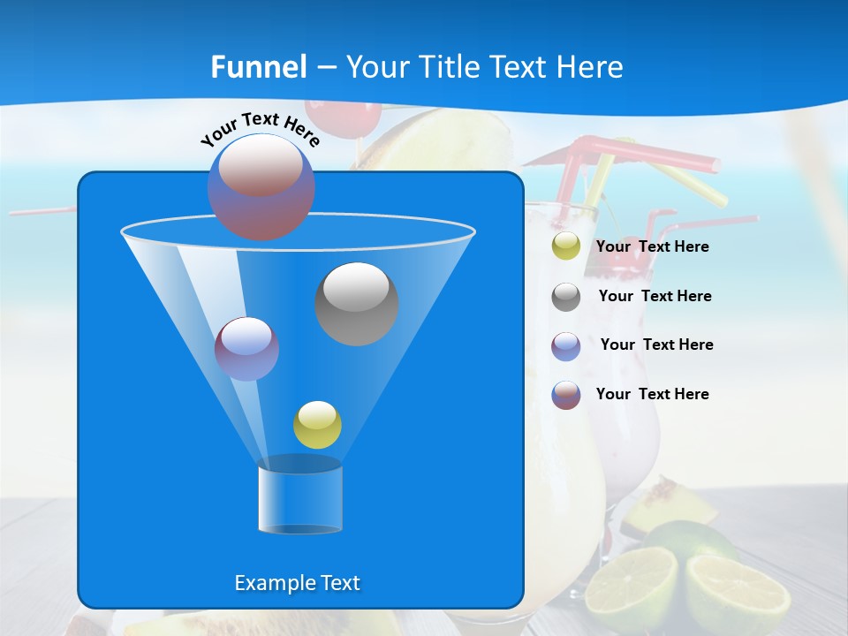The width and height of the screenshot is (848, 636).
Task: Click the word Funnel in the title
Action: click(258, 67)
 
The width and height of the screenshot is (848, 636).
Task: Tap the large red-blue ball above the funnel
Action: click(261, 186)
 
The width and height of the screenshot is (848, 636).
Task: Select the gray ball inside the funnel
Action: click(357, 303)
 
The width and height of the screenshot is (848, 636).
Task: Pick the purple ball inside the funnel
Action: click(246, 348)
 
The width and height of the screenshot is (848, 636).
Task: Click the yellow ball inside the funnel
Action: click(317, 424)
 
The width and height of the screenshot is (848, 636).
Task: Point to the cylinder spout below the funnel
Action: click(300, 499)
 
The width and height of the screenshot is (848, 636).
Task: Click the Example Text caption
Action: click(298, 583)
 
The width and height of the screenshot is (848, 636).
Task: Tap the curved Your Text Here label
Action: click(261, 129)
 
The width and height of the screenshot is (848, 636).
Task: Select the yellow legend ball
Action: click(566, 246)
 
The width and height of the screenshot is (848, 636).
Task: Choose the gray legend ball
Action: click(566, 296)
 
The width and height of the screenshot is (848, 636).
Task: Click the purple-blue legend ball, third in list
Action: click(566, 345)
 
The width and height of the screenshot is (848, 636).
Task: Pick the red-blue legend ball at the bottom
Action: click(566, 395)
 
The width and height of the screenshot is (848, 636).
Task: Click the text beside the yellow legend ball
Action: click(652, 247)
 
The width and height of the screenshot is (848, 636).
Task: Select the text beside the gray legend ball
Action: click(655, 297)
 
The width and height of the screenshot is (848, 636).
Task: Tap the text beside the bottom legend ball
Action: click(652, 394)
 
